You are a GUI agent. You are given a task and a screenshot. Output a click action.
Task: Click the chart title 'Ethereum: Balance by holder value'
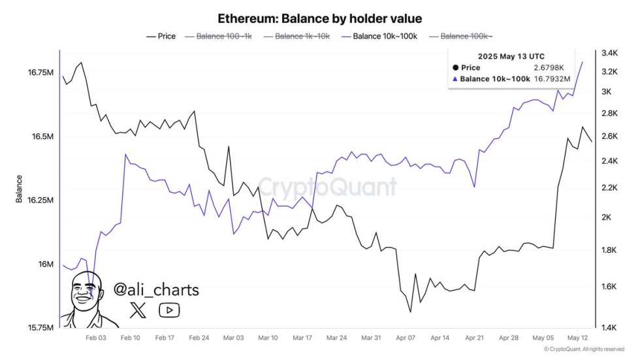click(319, 18)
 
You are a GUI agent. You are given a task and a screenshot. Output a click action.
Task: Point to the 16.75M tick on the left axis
click(40, 73)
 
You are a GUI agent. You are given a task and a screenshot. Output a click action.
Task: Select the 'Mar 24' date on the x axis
click(336, 338)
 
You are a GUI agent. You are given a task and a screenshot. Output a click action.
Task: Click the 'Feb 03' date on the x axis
click(96, 338)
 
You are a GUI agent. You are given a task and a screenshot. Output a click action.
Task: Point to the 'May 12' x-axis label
click(578, 338)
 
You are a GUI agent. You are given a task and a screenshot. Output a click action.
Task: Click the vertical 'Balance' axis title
click(20, 189)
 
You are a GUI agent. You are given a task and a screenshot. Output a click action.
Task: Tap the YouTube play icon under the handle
click(169, 310)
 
